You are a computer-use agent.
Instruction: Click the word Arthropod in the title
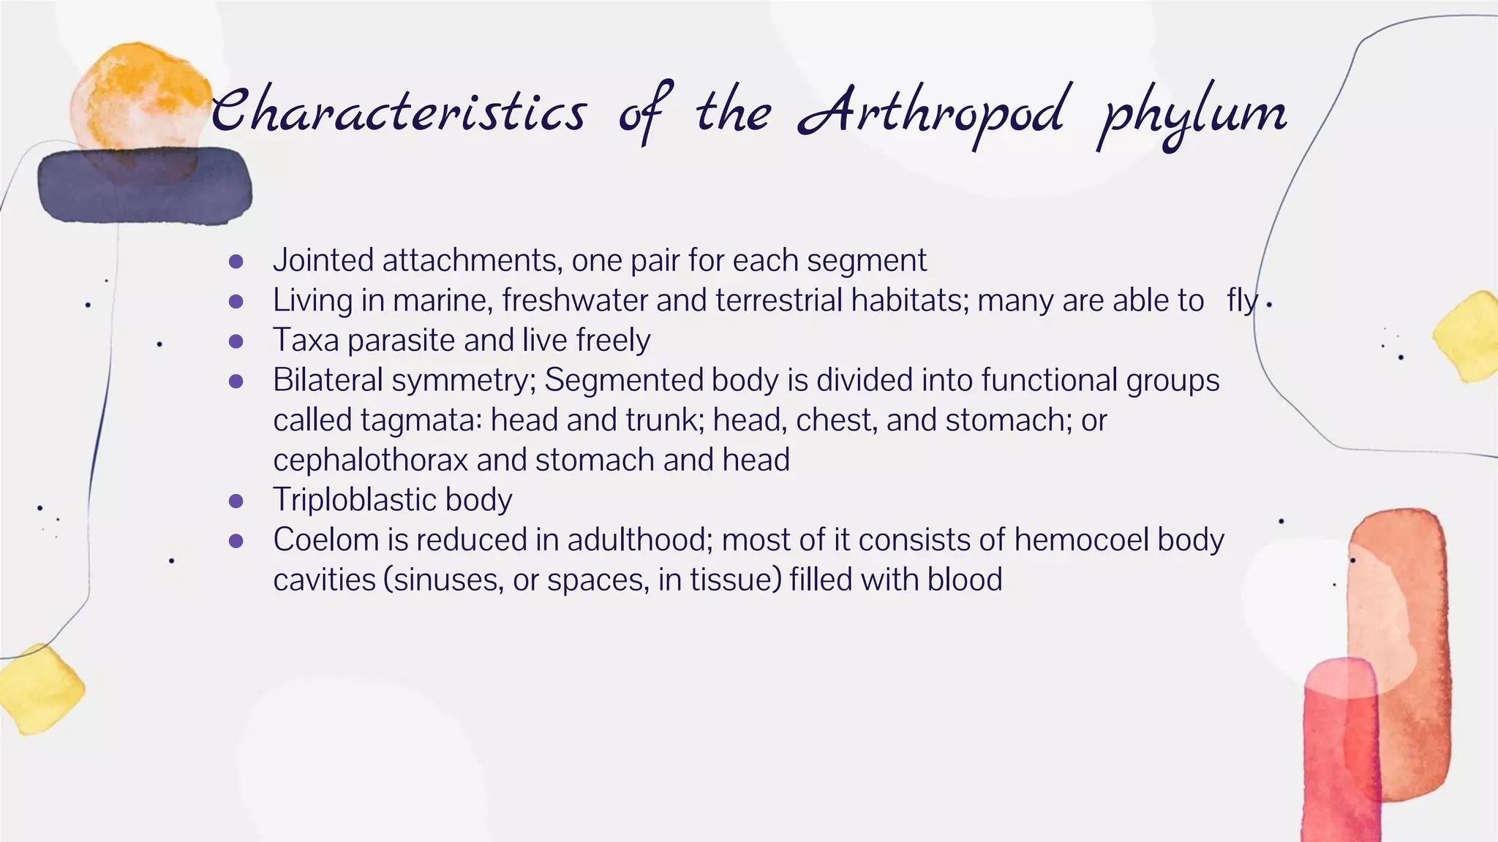click(930, 113)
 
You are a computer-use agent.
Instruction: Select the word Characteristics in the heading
click(399, 113)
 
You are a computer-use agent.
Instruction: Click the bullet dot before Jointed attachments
click(236, 262)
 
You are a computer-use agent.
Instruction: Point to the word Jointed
click(323, 261)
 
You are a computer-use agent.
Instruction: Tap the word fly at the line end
click(1242, 300)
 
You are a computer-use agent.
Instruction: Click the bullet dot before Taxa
click(236, 341)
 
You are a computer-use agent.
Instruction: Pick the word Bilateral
click(328, 380)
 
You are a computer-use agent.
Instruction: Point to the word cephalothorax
click(370, 460)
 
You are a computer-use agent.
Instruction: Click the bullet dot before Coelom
click(236, 541)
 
